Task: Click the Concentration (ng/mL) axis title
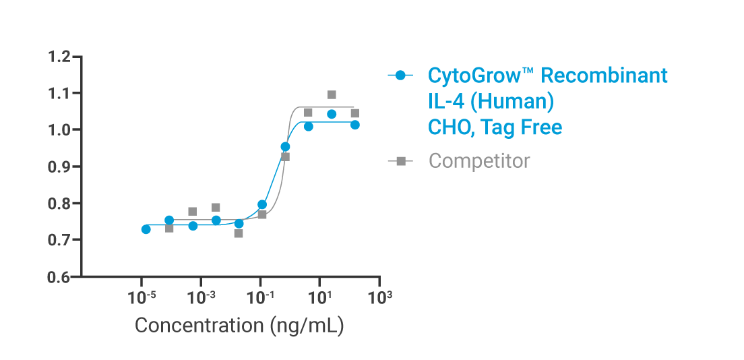pos(239,325)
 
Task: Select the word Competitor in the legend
pos(479,161)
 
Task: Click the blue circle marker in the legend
pos(400,76)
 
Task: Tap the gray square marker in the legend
pos(400,161)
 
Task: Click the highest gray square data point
pos(332,95)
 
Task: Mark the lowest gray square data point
pos(239,233)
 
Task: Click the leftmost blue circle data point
pos(146,229)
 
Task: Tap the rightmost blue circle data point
pos(355,125)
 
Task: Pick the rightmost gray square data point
pos(355,113)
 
